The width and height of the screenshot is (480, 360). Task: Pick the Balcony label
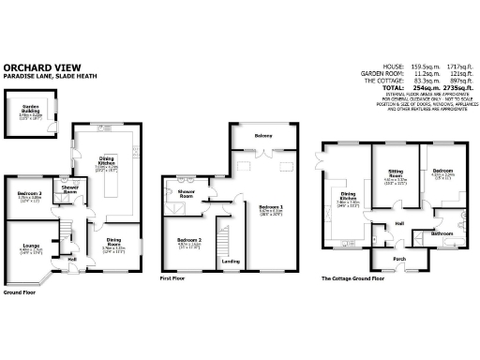263,137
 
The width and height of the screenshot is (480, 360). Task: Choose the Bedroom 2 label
190,241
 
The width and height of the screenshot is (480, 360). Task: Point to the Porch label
385,258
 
